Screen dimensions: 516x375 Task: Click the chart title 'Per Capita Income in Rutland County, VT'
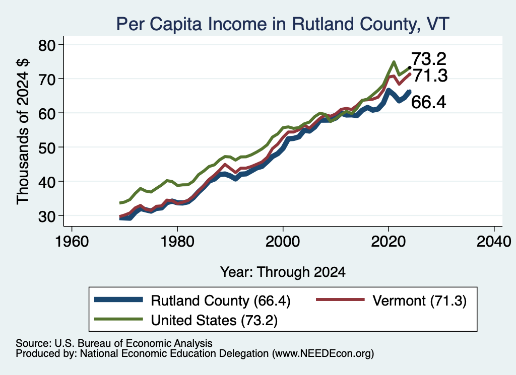click(x=283, y=24)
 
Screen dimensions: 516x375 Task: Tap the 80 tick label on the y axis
click(x=47, y=45)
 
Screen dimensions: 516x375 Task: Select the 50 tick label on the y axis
click(x=47, y=147)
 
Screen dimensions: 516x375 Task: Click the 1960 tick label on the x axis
click(x=72, y=242)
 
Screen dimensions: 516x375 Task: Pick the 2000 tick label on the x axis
click(x=283, y=242)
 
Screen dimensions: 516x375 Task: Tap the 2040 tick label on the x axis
click(x=494, y=242)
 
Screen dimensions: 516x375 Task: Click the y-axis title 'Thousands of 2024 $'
click(x=23, y=131)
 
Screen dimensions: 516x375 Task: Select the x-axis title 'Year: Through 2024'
click(x=283, y=272)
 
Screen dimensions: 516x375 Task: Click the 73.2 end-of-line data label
click(x=429, y=59)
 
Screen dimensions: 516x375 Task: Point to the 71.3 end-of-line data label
click(x=430, y=76)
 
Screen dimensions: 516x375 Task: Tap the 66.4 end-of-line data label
click(x=429, y=102)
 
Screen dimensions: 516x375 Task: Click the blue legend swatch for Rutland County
click(x=118, y=299)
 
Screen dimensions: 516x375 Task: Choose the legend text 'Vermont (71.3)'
click(x=420, y=301)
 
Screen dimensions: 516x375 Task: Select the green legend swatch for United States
click(x=118, y=319)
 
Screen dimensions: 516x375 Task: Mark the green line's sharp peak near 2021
click(x=394, y=62)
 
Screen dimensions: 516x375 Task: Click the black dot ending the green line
click(x=410, y=68)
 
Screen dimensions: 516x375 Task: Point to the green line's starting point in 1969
click(x=120, y=203)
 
